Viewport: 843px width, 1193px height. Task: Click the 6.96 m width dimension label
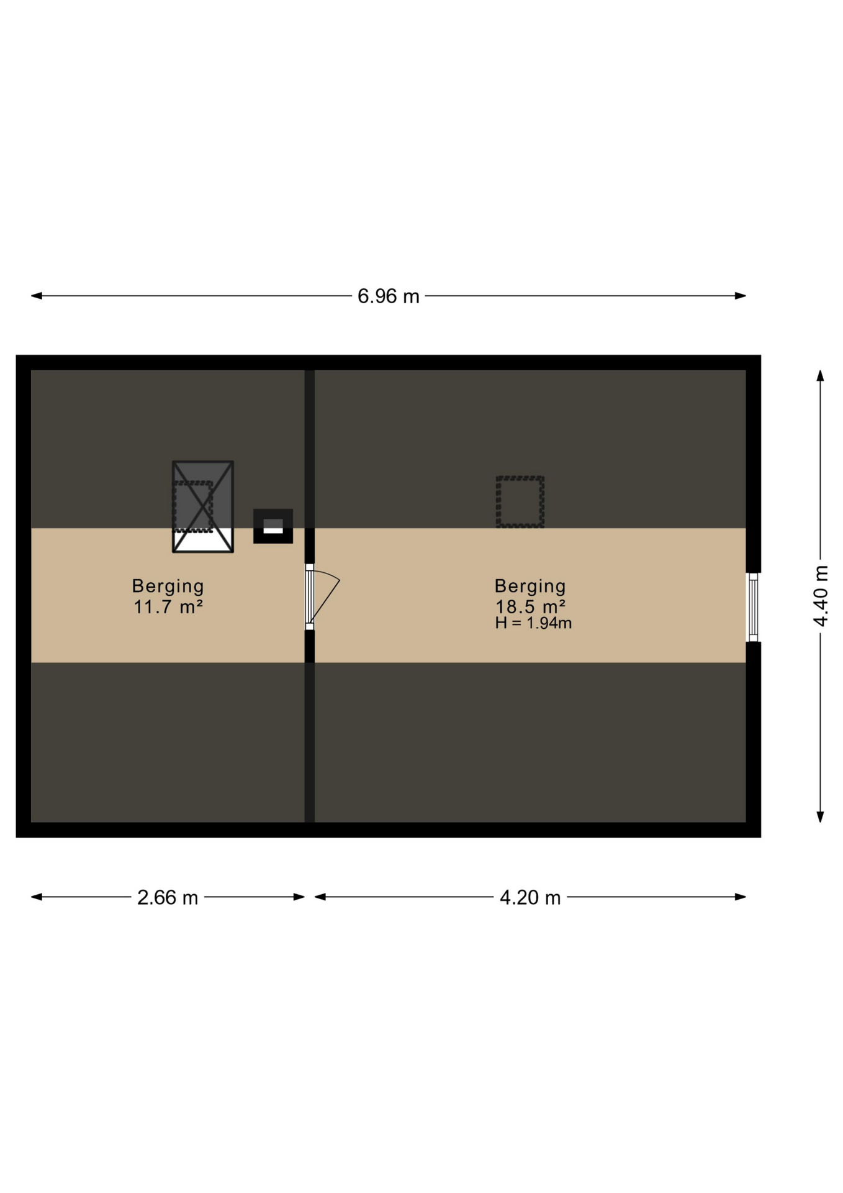click(388, 296)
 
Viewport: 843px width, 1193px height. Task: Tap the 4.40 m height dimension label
click(821, 596)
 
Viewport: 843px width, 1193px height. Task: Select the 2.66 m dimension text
click(168, 898)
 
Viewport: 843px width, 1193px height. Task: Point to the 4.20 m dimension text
click(530, 898)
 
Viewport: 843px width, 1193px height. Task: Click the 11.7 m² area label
click(168, 606)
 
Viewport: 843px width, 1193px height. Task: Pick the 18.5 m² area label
click(530, 606)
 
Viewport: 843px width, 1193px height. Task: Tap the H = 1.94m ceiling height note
click(533, 623)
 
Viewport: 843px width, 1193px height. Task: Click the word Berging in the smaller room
click(168, 586)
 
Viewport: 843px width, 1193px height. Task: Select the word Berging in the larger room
click(530, 586)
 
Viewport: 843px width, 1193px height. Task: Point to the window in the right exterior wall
click(753, 607)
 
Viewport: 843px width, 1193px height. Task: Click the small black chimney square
click(273, 526)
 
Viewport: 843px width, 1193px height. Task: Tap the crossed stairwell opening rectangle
click(203, 507)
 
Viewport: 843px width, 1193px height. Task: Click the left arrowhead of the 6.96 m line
click(37, 296)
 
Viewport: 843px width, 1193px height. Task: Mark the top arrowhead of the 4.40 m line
click(820, 376)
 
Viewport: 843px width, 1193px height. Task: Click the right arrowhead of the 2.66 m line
click(299, 897)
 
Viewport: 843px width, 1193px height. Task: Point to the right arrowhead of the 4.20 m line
click(740, 897)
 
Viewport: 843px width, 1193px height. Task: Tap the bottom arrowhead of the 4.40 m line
click(820, 817)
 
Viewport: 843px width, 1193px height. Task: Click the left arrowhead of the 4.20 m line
click(320, 897)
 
